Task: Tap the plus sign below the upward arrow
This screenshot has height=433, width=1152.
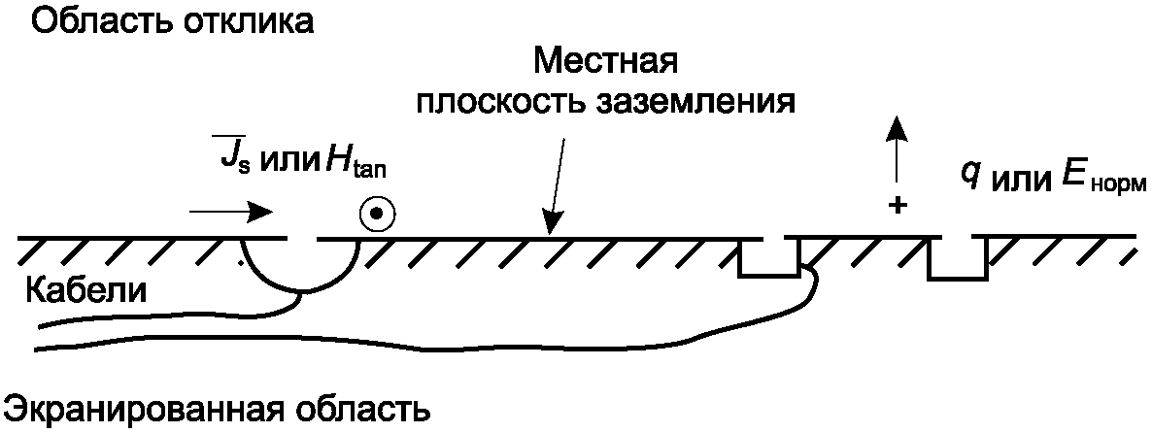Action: pyautogui.click(x=898, y=206)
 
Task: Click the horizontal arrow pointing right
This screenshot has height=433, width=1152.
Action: pyautogui.click(x=231, y=211)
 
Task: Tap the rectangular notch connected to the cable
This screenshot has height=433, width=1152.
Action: pyautogui.click(x=768, y=257)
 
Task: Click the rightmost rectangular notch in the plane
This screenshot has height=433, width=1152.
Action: pyautogui.click(x=957, y=258)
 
